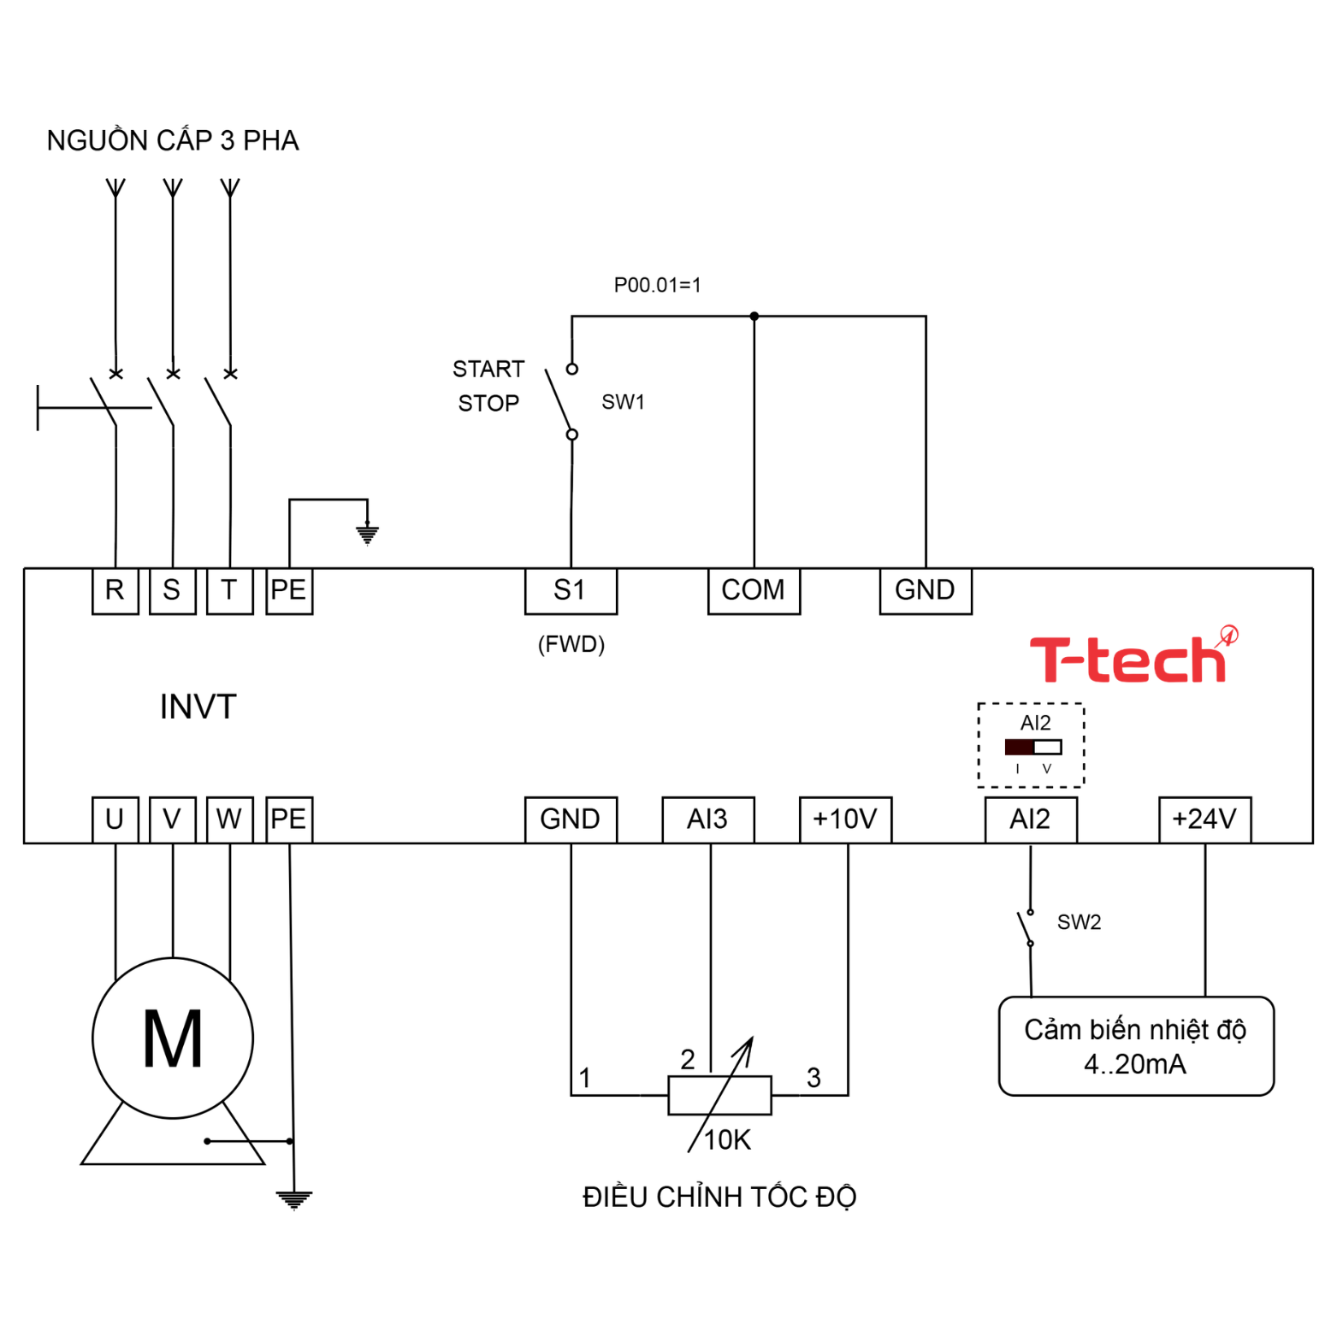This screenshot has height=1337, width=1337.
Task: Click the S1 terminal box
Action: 571,591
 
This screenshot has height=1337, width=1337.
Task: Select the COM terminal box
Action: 754,591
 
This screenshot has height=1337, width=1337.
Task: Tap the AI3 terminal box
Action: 708,819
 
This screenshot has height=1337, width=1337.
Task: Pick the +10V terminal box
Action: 845,819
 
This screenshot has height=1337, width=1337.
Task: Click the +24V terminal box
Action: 1204,819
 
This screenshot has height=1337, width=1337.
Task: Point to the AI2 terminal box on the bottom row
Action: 1030,819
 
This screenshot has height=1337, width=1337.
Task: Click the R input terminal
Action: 115,591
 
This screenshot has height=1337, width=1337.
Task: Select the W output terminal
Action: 229,819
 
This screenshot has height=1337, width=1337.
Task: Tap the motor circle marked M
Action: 173,1038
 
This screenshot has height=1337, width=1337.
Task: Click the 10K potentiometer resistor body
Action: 719,1096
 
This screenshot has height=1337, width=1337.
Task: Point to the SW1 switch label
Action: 623,402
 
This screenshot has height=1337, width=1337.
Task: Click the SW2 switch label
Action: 1079,922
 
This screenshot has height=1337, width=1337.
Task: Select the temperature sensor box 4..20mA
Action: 1136,1046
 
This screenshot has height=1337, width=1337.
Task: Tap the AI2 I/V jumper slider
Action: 1033,748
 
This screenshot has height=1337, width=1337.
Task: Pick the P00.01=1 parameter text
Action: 657,285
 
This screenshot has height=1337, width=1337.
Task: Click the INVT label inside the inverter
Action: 198,707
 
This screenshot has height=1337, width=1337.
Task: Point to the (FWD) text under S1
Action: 571,644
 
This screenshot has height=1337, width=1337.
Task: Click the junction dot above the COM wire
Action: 754,317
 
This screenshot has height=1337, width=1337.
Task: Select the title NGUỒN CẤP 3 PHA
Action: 173,140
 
